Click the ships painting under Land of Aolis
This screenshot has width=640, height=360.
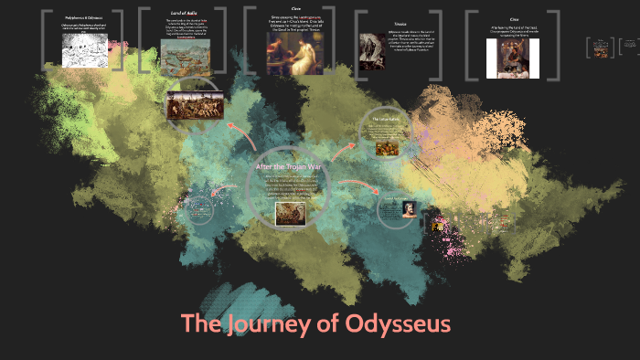coord(187,59)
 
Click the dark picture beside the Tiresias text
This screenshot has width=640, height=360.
coord(372,53)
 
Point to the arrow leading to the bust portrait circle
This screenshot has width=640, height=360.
coord(357,186)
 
